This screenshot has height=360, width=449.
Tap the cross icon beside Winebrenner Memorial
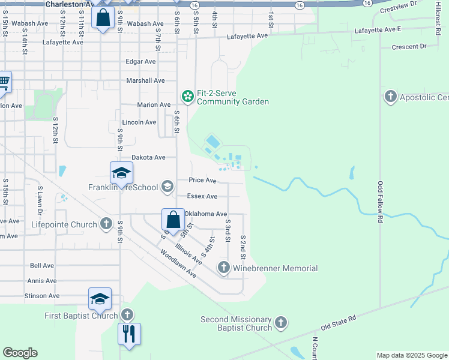[x=224, y=268]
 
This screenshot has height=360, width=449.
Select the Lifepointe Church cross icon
[x=106, y=224]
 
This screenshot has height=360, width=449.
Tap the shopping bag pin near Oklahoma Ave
[x=173, y=220]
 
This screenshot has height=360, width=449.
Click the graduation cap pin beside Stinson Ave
[x=100, y=298]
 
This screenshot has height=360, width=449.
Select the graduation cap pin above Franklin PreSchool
[x=121, y=173]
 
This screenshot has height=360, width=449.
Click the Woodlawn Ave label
[x=178, y=263]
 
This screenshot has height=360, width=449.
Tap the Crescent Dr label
[x=408, y=46]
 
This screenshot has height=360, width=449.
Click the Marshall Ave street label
[x=145, y=80]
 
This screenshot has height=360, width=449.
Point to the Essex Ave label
[x=202, y=196]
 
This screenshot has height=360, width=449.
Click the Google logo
[x=20, y=353]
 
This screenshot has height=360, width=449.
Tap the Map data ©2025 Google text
[x=412, y=355]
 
